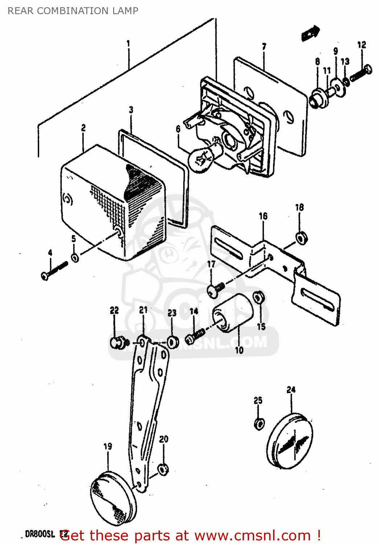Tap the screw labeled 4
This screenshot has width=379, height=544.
click(54, 271)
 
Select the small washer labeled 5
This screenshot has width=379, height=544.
click(75, 258)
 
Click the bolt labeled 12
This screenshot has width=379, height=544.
click(361, 73)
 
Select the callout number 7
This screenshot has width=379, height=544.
click(264, 47)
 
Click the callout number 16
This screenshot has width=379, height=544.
click(263, 217)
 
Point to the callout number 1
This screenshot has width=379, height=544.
click(128, 44)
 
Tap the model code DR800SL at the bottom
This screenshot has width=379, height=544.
click(40, 534)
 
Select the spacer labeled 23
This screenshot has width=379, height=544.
click(173, 341)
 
